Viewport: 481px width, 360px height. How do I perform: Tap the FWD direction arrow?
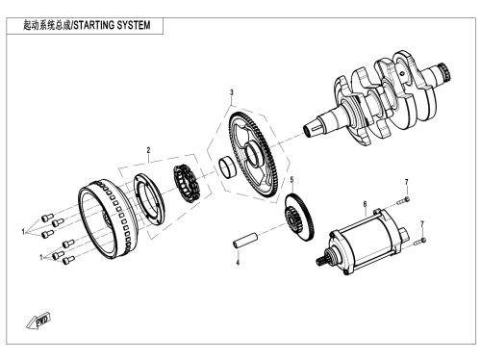point(38,321)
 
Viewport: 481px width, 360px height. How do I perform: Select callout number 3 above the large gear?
point(232,92)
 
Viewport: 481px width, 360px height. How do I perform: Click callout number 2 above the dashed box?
point(148,150)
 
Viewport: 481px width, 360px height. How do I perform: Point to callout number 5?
point(291,180)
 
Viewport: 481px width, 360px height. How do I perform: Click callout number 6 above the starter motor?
point(365,204)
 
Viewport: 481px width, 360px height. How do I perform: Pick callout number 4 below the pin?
point(238,263)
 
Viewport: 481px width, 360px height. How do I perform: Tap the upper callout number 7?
point(407,182)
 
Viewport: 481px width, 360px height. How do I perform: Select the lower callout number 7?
point(422,224)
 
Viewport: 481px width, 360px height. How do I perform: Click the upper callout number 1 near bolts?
point(23,232)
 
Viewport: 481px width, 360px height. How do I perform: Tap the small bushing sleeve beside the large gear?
point(227,167)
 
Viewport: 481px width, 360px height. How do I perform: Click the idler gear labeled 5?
point(299,219)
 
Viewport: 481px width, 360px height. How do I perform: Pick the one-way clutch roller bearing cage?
point(187,184)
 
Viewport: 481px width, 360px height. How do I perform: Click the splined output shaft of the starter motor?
point(321,260)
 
